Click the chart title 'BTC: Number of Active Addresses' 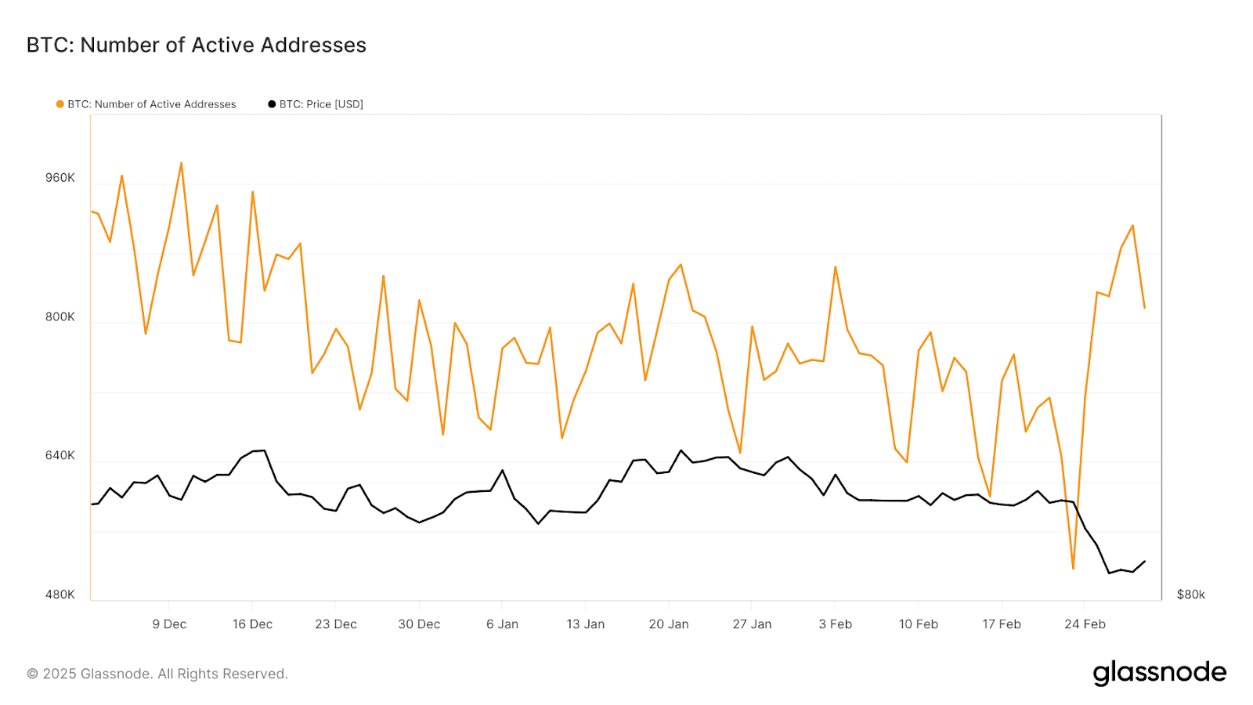(196, 45)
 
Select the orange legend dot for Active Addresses (60, 104)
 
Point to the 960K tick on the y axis (60, 178)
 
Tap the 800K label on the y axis (60, 316)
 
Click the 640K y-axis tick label (60, 455)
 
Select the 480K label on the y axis (60, 595)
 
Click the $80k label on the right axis (1190, 595)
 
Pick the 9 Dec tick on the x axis (169, 624)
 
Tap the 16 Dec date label (252, 624)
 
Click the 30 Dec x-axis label (419, 624)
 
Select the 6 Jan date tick (502, 624)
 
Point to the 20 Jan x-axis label (669, 624)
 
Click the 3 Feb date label (835, 624)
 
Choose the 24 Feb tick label (1085, 624)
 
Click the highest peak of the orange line (181, 163)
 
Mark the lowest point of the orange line (1073, 569)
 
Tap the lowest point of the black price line (1109, 573)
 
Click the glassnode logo (1159, 673)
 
